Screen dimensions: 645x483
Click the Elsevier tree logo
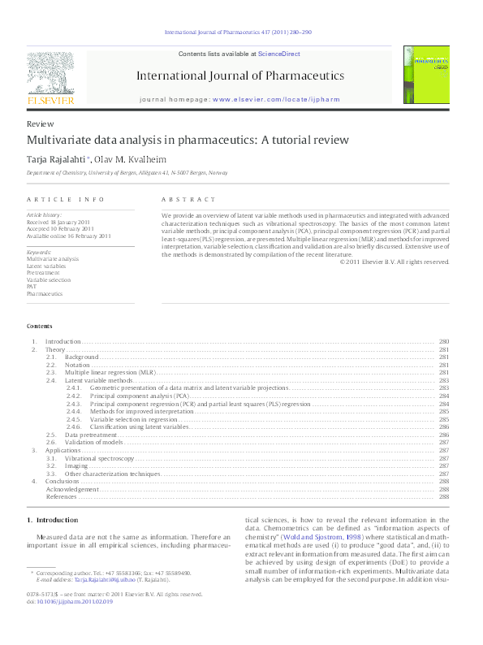click(x=51, y=78)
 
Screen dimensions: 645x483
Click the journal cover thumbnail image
click(x=427, y=75)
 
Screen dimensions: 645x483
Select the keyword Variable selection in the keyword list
click(x=48, y=279)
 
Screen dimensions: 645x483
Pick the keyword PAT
click(x=31, y=286)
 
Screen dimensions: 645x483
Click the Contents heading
click(x=38, y=326)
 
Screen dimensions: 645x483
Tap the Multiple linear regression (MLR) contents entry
click(x=110, y=371)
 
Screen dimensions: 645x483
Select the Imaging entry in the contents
click(x=78, y=465)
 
